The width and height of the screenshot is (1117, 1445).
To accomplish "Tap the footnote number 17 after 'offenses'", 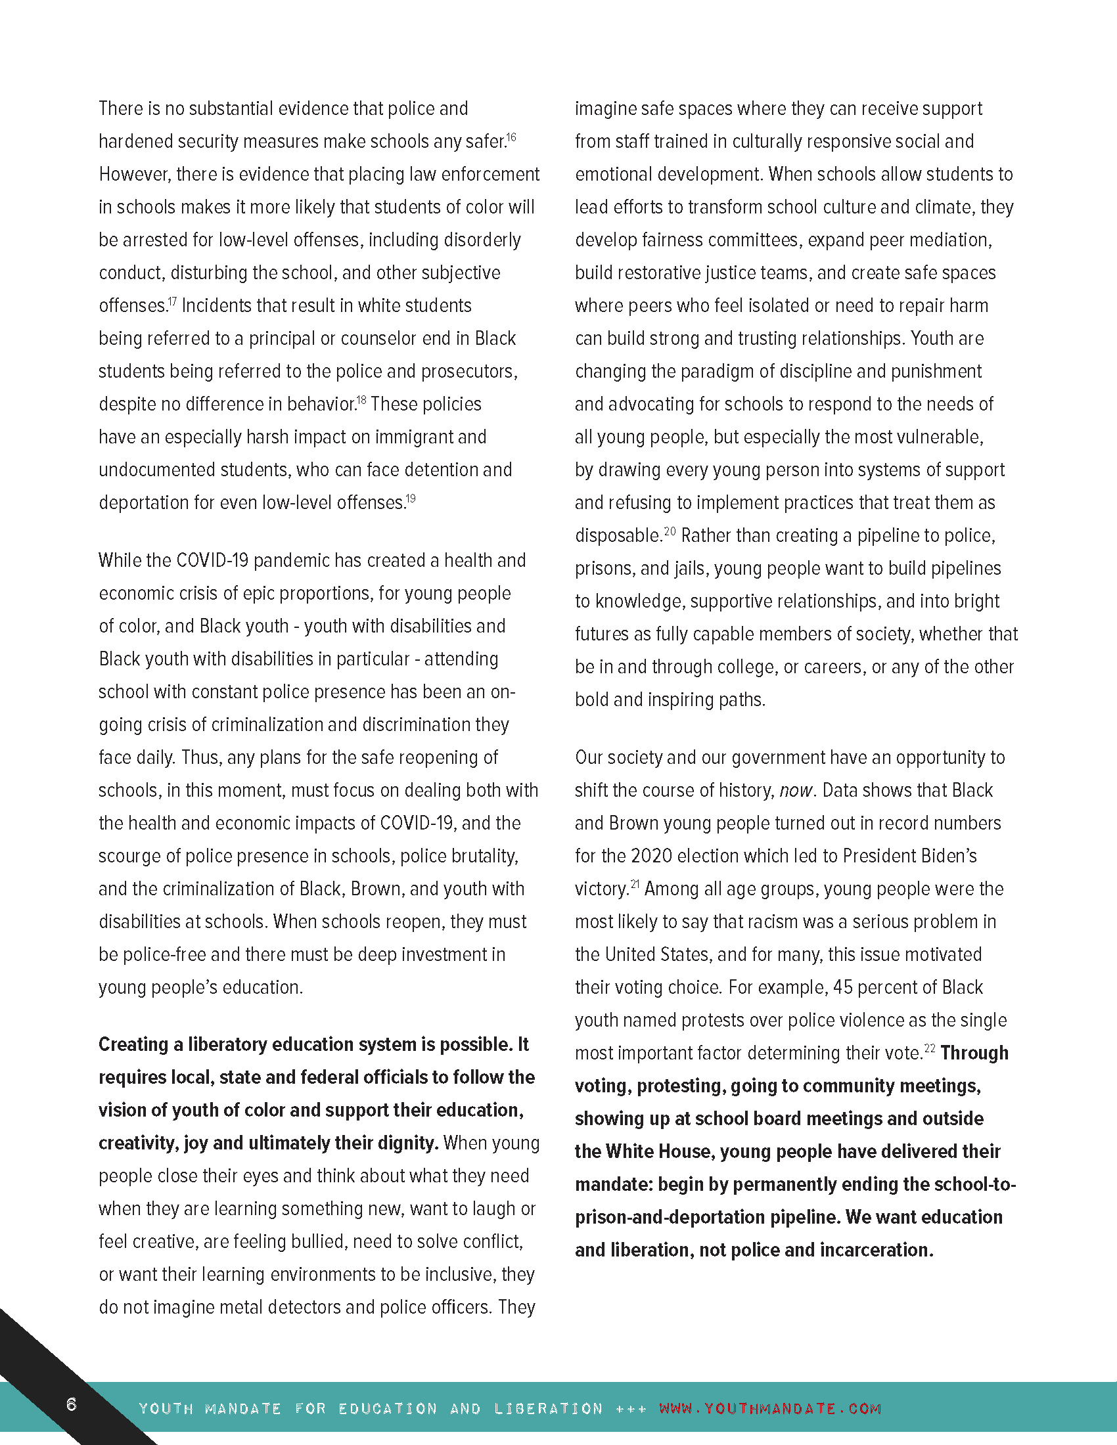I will [172, 301].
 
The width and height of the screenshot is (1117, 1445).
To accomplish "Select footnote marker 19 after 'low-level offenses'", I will [411, 499].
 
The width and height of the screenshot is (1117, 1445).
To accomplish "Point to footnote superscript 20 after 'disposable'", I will [670, 531].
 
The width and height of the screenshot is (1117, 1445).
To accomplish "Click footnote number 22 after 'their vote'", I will [930, 1048].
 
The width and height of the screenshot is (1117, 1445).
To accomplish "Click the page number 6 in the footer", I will [72, 1404].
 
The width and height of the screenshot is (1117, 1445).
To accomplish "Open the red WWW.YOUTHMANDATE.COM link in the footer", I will [770, 1408].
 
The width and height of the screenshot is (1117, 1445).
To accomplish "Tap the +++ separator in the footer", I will [631, 1408].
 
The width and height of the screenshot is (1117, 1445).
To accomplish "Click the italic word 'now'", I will [795, 791].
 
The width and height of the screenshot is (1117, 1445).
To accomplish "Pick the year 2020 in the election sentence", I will [651, 856].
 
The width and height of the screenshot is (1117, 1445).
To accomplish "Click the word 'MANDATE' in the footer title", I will [243, 1408].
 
